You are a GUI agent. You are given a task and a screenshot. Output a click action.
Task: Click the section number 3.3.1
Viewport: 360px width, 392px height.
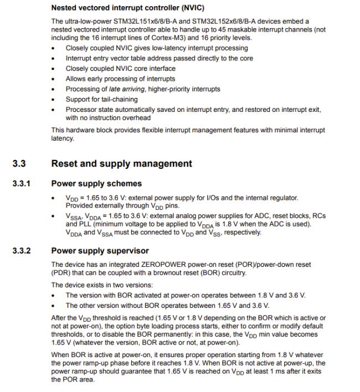point(22,183)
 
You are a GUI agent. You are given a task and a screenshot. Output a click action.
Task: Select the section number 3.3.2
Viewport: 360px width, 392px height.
point(22,251)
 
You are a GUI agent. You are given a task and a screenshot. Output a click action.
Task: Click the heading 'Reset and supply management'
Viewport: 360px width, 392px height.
point(121,164)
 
